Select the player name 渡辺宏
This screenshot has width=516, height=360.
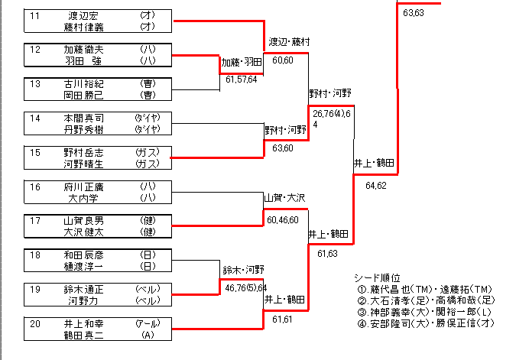(x=83, y=15)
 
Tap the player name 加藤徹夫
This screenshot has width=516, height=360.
(x=83, y=50)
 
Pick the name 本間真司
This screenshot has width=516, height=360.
(x=83, y=118)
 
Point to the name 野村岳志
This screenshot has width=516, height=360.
(x=83, y=153)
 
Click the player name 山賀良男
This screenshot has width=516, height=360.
(x=83, y=221)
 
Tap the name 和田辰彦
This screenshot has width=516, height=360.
(x=83, y=255)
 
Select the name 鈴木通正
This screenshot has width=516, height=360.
(x=83, y=290)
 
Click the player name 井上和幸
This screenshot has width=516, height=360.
(x=83, y=324)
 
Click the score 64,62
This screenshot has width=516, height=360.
(x=376, y=185)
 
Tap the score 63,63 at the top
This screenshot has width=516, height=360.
(x=414, y=12)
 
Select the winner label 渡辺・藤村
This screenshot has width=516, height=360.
(x=289, y=41)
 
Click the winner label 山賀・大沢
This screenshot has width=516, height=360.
(x=284, y=198)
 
